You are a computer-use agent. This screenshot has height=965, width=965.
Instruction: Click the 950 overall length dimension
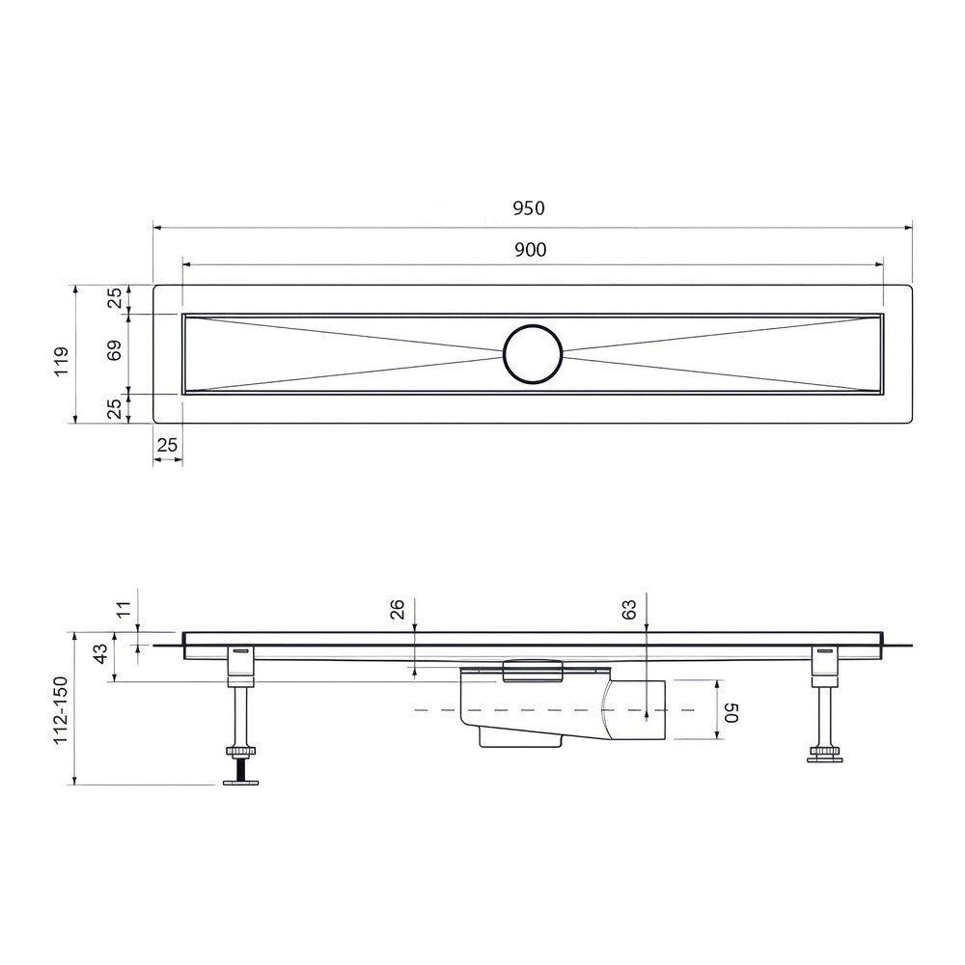click(529, 208)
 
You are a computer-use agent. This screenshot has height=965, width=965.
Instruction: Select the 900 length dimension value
click(531, 249)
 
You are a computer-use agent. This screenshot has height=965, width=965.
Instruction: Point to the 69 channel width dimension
click(115, 349)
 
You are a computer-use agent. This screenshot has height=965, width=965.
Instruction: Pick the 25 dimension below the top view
click(167, 444)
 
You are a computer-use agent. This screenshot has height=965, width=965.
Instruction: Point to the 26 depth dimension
click(398, 609)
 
